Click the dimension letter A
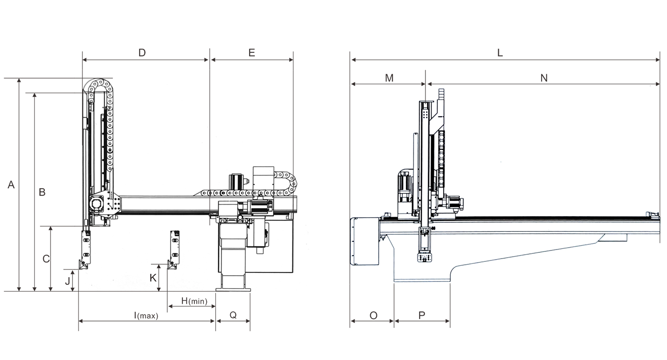11,185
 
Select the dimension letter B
42,192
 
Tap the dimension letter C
46,259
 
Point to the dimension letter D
142,53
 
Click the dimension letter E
252,53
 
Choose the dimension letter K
153,278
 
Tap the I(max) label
146,315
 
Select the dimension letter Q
233,315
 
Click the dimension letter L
500,53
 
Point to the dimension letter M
389,78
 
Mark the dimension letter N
544,78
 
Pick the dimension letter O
373,315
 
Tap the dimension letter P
422,315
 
